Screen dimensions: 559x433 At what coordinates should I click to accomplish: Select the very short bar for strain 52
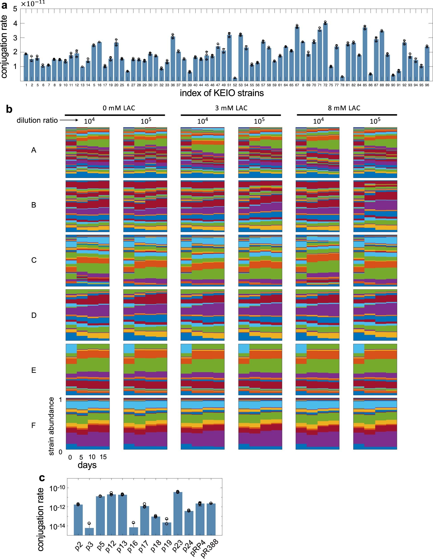[235, 79]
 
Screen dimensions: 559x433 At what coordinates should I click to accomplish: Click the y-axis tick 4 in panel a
[15, 23]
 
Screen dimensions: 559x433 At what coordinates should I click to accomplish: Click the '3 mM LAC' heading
[231, 108]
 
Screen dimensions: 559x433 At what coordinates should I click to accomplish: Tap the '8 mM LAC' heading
[344, 108]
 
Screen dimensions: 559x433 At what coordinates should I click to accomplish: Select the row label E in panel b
[34, 370]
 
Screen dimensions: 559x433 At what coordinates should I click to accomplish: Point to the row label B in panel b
[34, 205]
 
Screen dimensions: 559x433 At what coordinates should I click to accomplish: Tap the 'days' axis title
[87, 465]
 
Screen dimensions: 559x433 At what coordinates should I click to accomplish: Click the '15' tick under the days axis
[103, 457]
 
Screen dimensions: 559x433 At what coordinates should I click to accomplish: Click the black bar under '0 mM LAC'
[115, 115]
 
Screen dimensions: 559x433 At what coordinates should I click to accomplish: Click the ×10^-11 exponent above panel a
[33, 4]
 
